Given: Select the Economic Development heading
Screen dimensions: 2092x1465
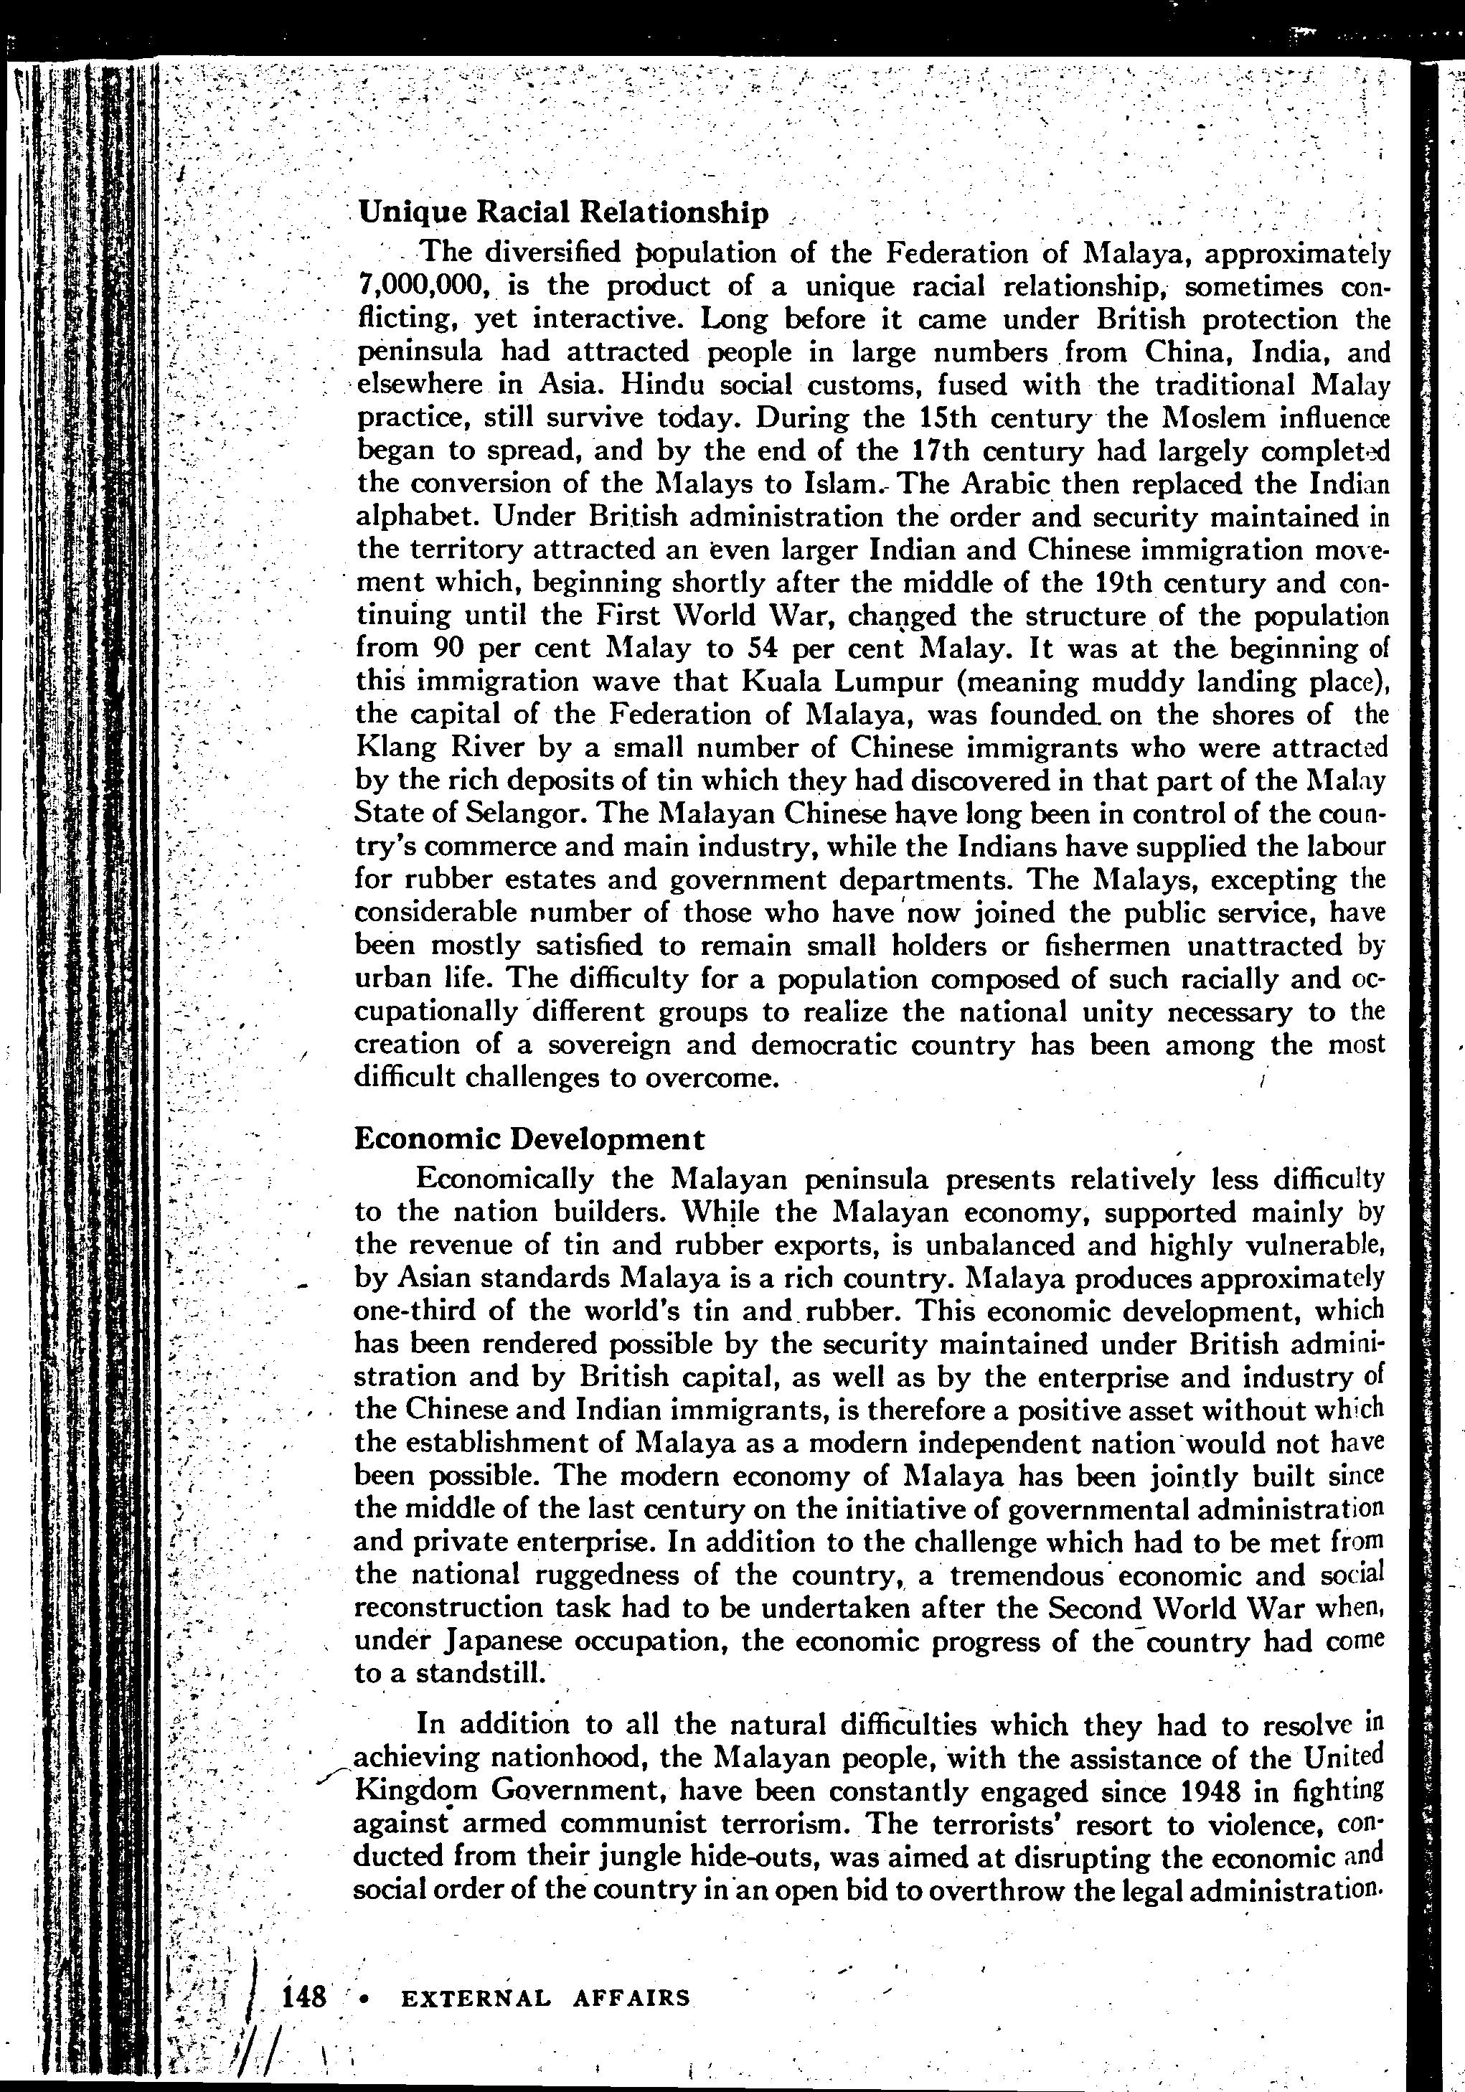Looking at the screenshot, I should click(529, 1139).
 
